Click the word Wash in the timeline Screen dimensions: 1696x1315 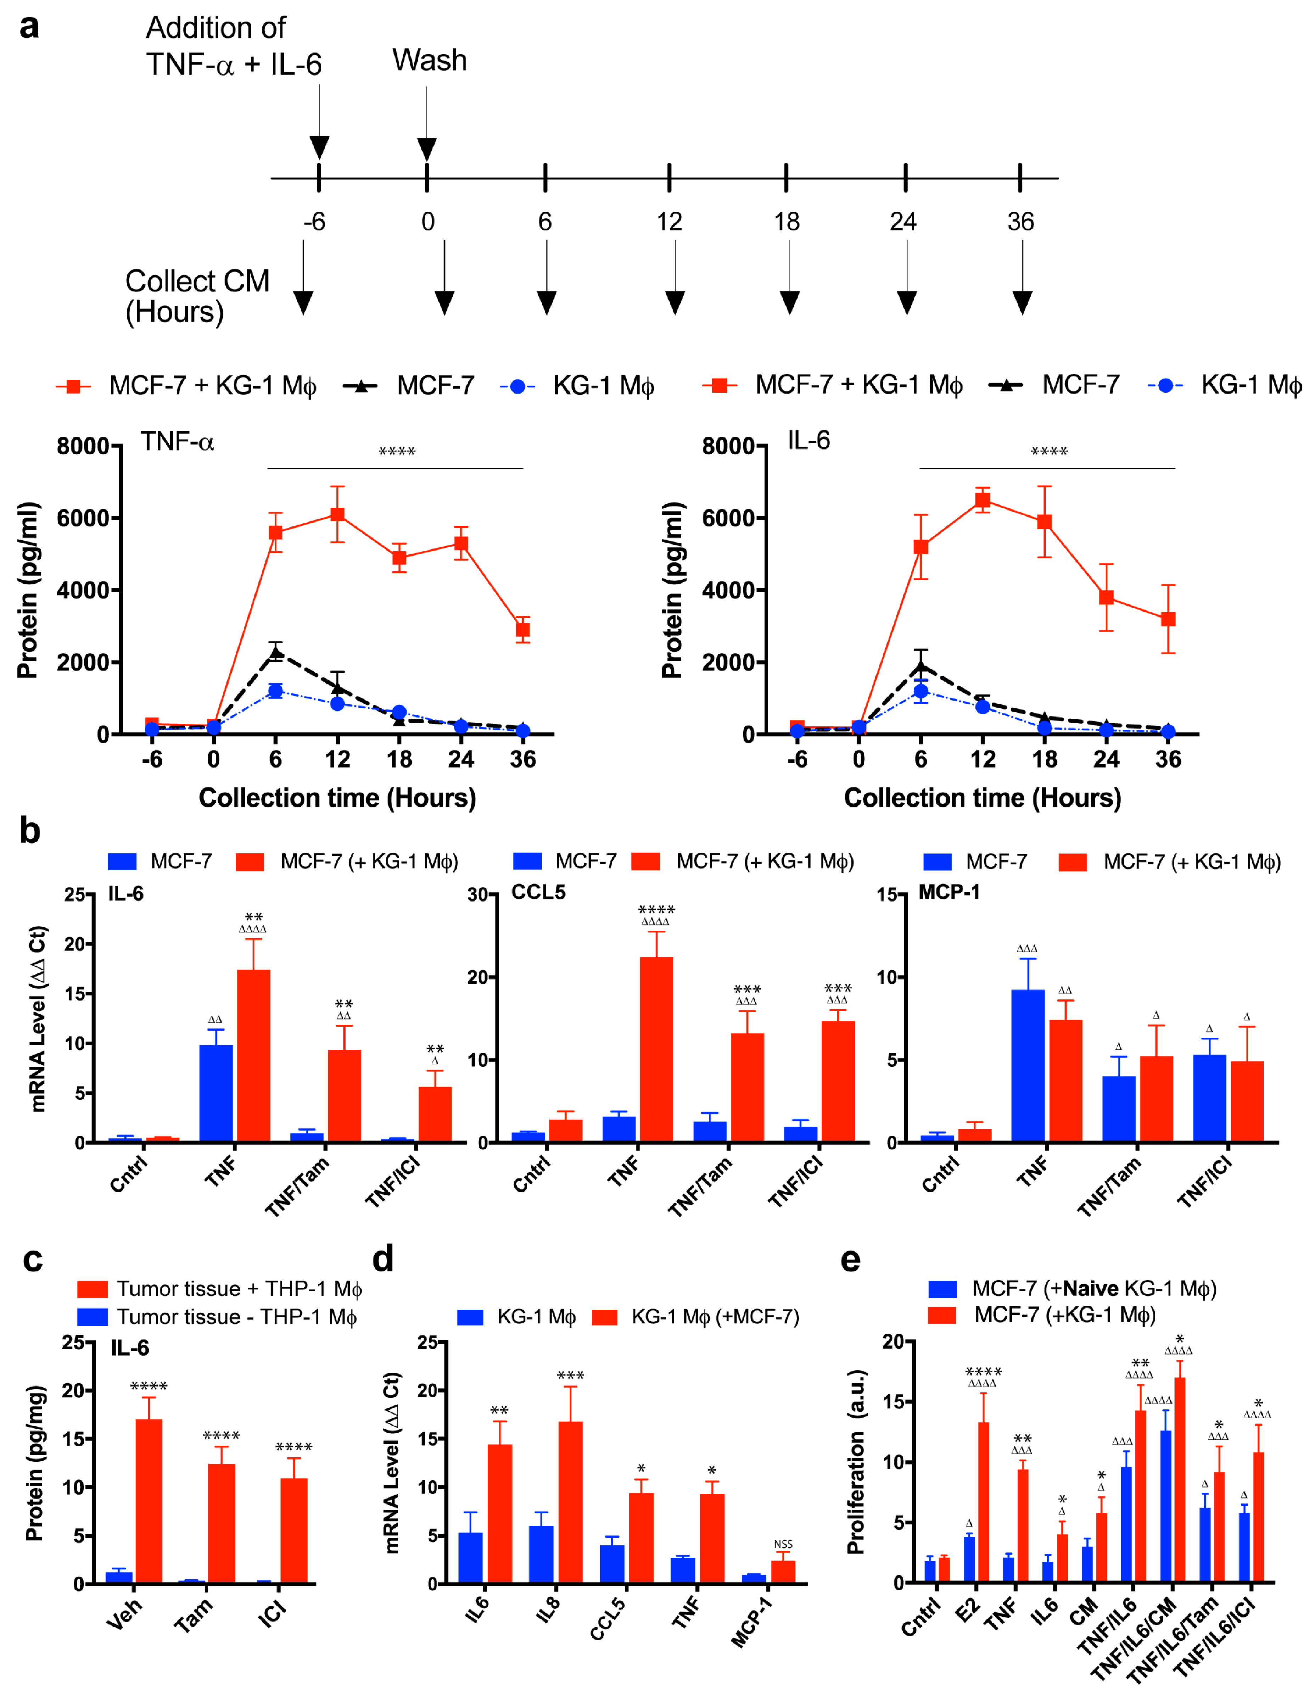[429, 61]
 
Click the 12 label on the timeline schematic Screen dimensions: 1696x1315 [669, 222]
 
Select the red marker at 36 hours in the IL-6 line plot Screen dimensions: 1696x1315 [1168, 619]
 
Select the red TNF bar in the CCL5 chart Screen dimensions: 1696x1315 [656, 1048]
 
